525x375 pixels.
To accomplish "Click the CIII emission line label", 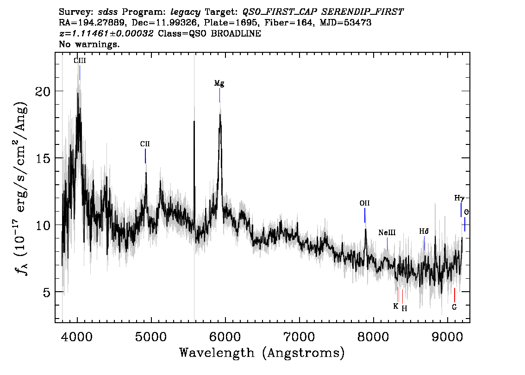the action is point(80,61).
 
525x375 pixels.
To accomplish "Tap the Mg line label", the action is point(219,83).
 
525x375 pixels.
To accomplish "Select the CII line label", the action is point(145,144).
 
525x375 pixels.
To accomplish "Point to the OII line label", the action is point(365,203).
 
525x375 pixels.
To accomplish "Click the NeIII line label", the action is point(387,232).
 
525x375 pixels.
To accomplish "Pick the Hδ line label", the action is point(424,231).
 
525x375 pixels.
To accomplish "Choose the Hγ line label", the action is point(459,198).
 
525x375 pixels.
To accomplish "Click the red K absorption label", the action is point(396,306).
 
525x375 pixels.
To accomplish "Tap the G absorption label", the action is point(454,307).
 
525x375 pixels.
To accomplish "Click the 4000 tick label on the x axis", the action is point(77,337).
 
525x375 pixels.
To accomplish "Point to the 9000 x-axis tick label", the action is point(447,337).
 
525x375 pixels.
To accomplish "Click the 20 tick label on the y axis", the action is point(43,91).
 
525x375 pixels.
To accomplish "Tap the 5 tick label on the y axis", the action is point(47,292).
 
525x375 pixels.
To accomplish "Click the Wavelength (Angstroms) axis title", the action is point(262,353).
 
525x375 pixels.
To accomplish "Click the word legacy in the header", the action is point(186,12).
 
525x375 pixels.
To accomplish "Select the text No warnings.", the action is point(89,44).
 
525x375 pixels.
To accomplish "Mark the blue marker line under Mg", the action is point(219,95).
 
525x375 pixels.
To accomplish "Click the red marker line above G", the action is point(454,295).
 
